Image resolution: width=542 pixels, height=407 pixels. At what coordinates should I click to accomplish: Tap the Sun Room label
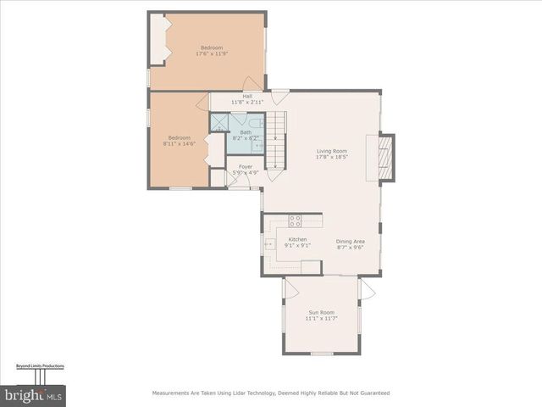321,312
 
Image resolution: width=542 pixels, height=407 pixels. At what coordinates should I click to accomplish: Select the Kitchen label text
297,239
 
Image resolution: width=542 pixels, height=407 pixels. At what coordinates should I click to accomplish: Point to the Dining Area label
350,241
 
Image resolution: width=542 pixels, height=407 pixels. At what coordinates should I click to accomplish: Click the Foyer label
246,166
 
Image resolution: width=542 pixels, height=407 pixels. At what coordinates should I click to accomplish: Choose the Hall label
247,96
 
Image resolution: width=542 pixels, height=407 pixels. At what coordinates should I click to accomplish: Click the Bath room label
246,132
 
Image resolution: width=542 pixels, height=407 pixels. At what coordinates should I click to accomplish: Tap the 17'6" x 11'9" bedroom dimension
213,53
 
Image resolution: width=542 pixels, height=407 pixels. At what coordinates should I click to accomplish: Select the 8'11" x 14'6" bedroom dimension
180,143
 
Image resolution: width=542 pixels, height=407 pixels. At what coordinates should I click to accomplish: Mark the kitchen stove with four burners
295,220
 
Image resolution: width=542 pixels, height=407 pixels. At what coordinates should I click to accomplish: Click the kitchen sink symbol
269,244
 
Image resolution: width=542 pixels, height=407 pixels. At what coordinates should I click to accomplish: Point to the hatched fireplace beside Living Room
385,158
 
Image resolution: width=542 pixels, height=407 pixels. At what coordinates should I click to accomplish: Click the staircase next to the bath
276,140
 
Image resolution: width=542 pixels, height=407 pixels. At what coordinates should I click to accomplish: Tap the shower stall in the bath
219,123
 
